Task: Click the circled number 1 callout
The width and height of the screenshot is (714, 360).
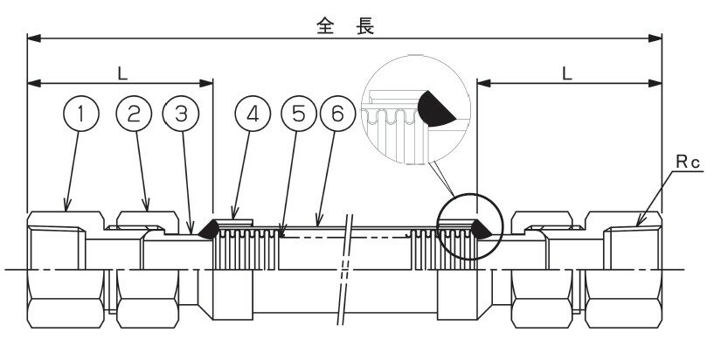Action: point(81,113)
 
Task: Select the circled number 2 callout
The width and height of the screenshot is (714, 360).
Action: point(134,113)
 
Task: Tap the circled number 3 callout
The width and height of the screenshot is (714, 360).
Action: point(181,113)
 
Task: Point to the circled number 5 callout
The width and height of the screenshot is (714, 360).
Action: point(298,113)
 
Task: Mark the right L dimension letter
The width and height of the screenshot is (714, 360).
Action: point(568,73)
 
